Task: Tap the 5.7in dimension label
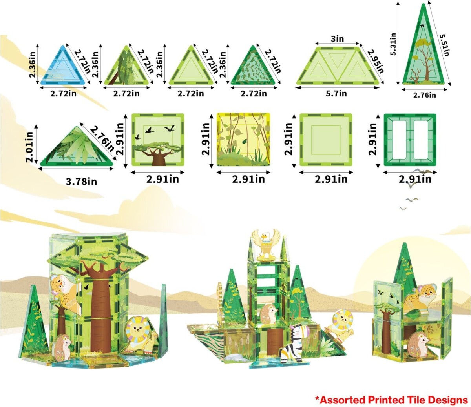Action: click(336, 93)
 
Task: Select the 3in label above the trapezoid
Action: click(337, 39)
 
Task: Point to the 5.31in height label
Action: click(393, 47)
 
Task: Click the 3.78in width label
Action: click(81, 182)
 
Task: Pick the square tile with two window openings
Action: click(410, 140)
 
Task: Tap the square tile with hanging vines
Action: click(243, 139)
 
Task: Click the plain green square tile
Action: click(326, 140)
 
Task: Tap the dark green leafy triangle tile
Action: click(253, 67)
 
